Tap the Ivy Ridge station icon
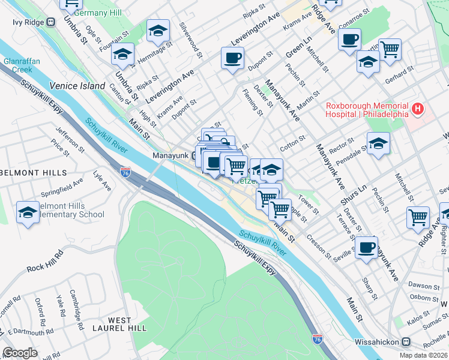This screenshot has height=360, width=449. [x=50, y=22]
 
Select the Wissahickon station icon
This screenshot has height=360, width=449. [x=406, y=342]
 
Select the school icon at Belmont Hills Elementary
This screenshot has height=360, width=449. [x=28, y=214]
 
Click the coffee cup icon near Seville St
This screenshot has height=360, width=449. [x=366, y=247]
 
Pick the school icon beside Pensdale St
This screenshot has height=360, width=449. [x=378, y=143]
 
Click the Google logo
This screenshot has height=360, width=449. [x=20, y=353]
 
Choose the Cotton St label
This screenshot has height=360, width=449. [x=293, y=145]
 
